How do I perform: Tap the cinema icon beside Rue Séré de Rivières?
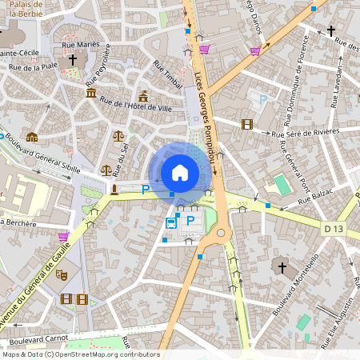246,124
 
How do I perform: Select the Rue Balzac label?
314,197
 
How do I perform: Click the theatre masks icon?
61,274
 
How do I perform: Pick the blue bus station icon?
171,222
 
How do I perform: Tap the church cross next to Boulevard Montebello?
280,266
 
